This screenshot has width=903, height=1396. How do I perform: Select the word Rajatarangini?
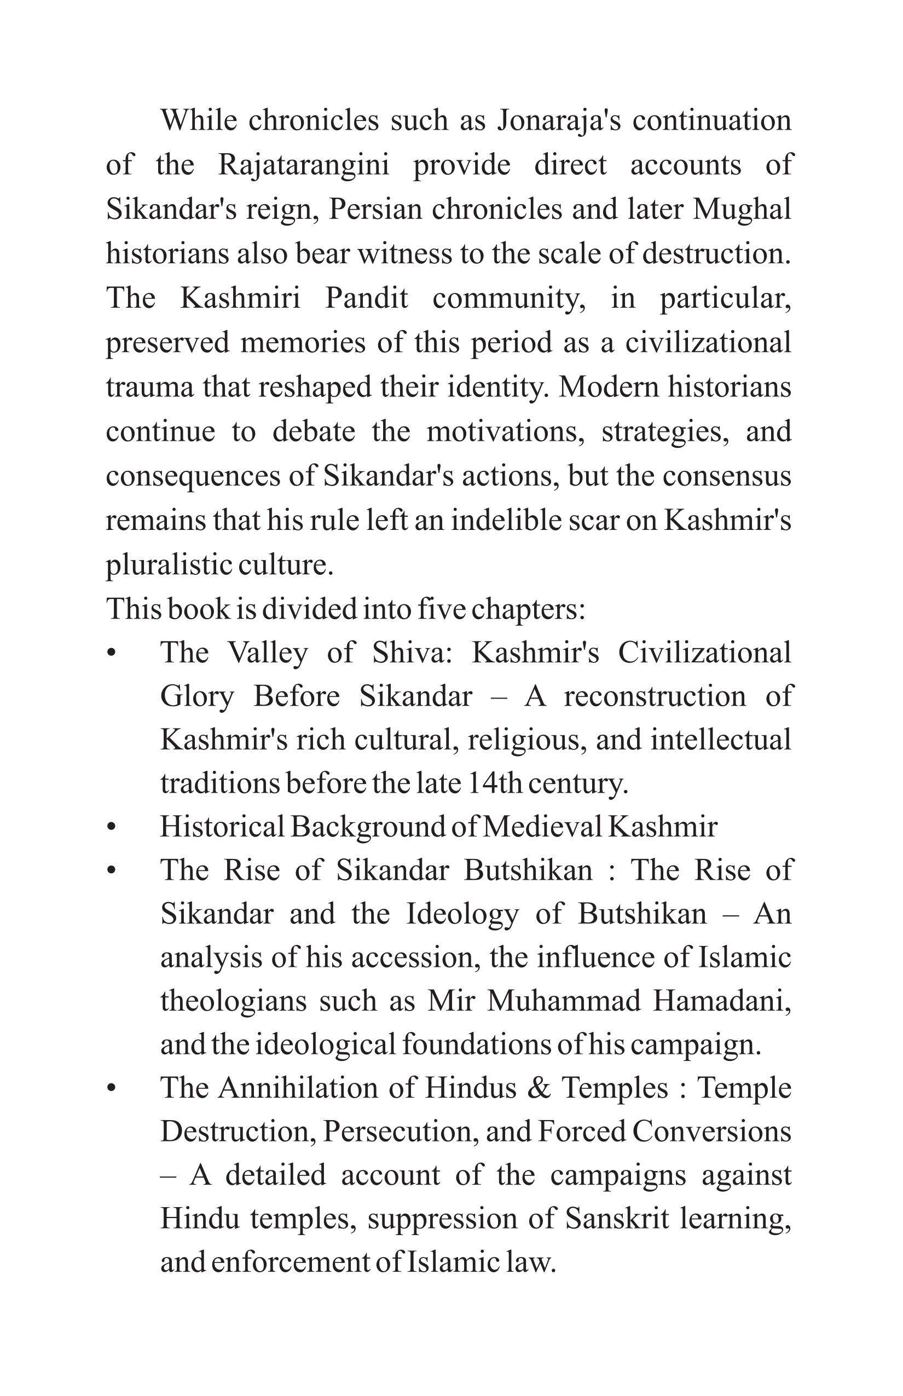point(304,165)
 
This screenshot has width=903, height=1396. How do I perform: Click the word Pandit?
point(366,298)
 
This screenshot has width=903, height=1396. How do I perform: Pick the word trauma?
point(149,388)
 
